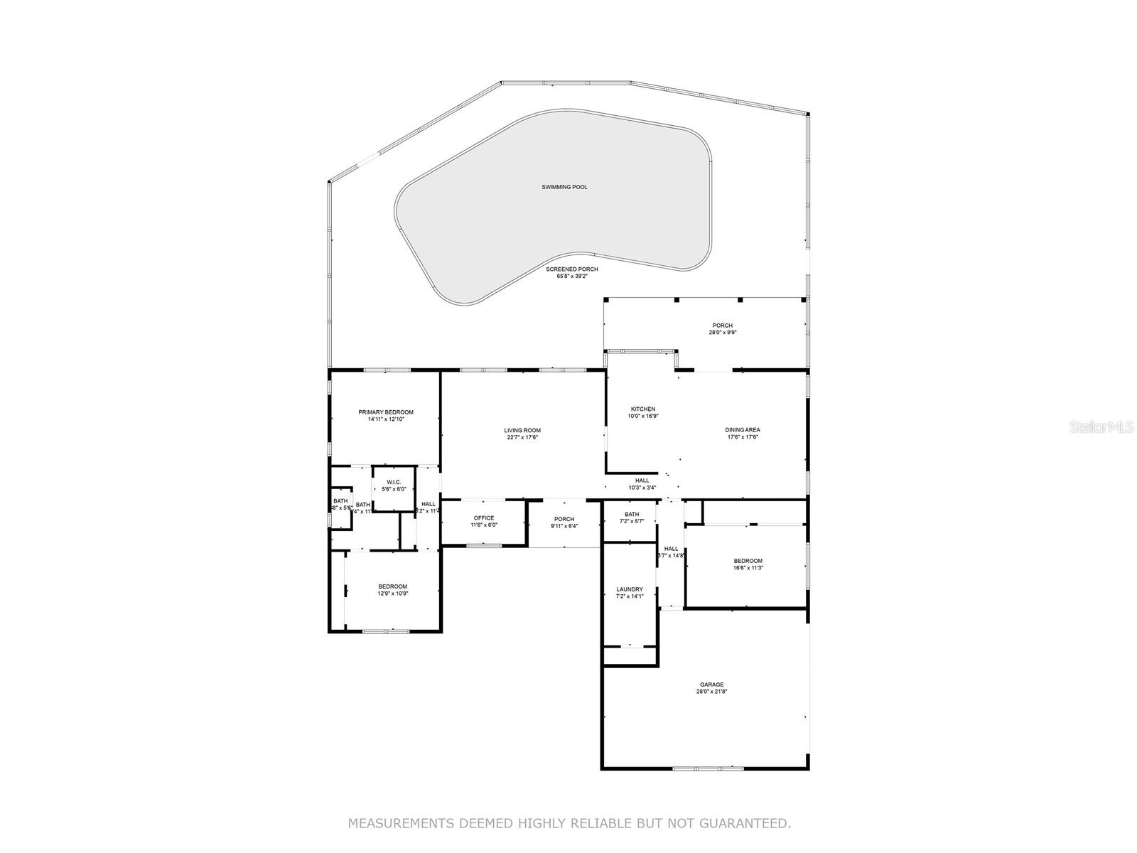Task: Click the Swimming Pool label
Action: click(564, 187)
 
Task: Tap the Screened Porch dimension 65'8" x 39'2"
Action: click(571, 277)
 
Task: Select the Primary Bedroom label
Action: click(385, 412)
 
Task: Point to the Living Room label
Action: click(522, 430)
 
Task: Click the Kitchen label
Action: click(643, 409)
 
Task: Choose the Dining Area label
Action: click(743, 429)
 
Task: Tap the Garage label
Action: click(711, 685)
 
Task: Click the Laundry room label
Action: click(630, 589)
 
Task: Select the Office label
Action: click(484, 517)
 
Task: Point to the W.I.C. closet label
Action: click(394, 482)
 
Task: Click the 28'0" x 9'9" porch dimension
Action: click(722, 332)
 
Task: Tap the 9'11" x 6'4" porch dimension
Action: click(564, 527)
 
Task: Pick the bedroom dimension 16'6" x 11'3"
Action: click(748, 568)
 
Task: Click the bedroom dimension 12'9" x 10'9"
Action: click(393, 594)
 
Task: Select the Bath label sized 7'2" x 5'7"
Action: click(632, 515)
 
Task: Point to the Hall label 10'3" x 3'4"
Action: click(642, 481)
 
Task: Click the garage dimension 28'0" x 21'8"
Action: click(711, 692)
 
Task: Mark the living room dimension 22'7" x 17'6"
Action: click(522, 437)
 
